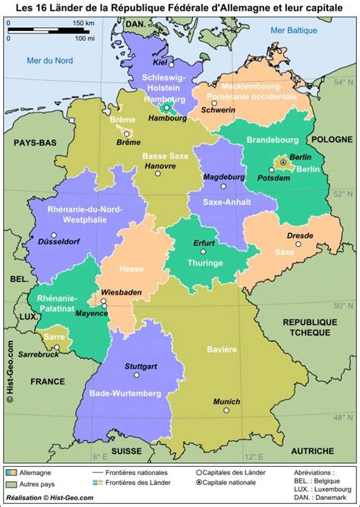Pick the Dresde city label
point(301,236)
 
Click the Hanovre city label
point(159,165)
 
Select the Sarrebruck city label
point(38,354)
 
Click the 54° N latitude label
point(348,81)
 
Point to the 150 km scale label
point(84,24)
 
